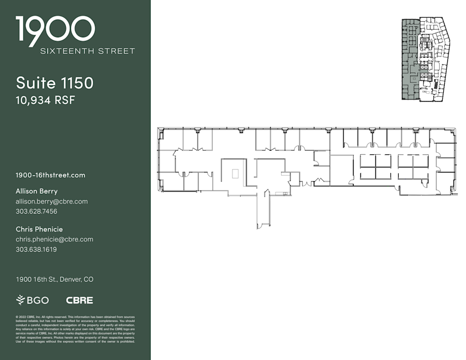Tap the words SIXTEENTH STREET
click(x=88, y=51)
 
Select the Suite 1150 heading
click(x=54, y=83)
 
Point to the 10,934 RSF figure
click(x=46, y=100)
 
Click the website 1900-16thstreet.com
click(x=50, y=175)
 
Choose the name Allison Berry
click(x=37, y=191)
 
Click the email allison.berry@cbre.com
click(x=52, y=201)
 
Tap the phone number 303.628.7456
click(x=36, y=211)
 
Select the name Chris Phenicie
click(x=39, y=229)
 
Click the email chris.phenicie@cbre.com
click(x=54, y=239)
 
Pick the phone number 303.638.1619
click(x=36, y=249)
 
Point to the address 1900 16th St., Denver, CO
click(x=54, y=279)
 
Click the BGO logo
click(x=33, y=300)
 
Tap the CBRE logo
click(x=79, y=300)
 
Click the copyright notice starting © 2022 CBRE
click(x=76, y=328)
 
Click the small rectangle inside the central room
click(x=235, y=174)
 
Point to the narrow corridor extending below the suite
click(x=264, y=210)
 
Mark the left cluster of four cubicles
click(x=376, y=167)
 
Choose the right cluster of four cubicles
click(x=413, y=167)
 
